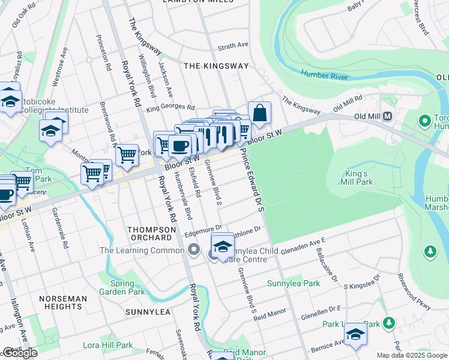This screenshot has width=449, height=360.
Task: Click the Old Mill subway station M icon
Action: click(x=388, y=116)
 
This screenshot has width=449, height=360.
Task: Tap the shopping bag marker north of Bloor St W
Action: click(x=259, y=113)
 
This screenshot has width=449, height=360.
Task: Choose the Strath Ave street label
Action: click(x=233, y=46)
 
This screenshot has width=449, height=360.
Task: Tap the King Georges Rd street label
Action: click(x=170, y=108)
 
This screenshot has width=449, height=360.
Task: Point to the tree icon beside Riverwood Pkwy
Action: click(x=430, y=251)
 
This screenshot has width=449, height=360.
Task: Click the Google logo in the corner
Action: click(x=20, y=353)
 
